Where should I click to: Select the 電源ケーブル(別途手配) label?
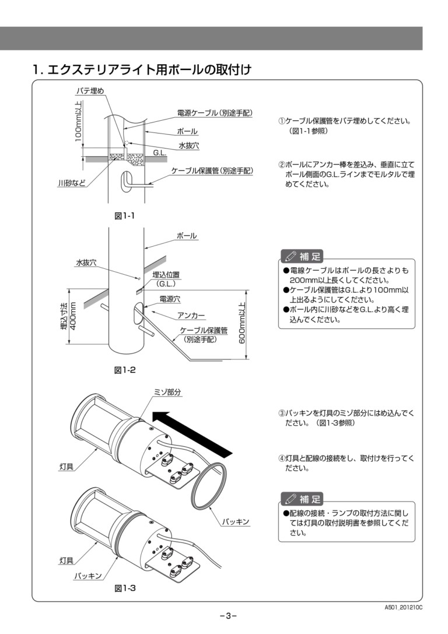click(214, 113)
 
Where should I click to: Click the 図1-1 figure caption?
click(125, 216)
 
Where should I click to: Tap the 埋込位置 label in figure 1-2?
click(166, 275)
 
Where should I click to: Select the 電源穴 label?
click(170, 299)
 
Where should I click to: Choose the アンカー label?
click(191, 315)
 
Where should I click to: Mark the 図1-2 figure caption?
click(125, 370)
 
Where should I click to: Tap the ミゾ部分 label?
click(167, 393)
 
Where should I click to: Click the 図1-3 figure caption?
click(125, 588)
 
